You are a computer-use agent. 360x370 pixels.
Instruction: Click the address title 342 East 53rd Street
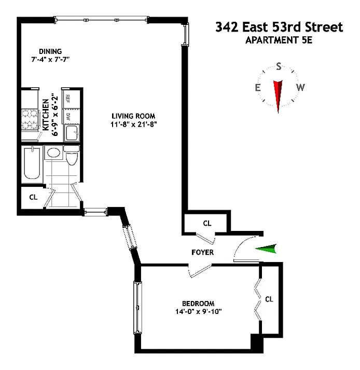click(x=279, y=27)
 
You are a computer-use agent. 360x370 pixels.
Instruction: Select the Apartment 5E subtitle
click(x=279, y=39)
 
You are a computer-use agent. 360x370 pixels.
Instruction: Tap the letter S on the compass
click(x=279, y=66)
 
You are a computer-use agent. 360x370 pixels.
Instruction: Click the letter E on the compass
click(x=257, y=87)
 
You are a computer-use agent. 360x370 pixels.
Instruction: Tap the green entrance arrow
click(x=267, y=250)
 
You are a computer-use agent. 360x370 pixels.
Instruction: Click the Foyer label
click(x=202, y=252)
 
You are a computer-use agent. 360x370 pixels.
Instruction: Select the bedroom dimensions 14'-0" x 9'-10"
click(x=198, y=312)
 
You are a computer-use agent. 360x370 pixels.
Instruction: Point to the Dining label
click(x=50, y=51)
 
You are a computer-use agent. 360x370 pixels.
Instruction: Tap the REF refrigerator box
click(x=67, y=98)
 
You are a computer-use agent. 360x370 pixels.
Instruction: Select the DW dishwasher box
click(x=67, y=117)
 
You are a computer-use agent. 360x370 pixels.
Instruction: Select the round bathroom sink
click(x=52, y=153)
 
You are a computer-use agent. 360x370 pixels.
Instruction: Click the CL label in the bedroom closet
click(x=269, y=299)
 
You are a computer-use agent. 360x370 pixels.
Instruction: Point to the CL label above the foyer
click(x=207, y=224)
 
